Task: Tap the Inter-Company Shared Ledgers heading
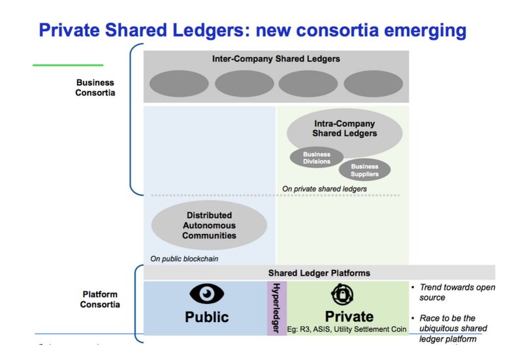(x=276, y=59)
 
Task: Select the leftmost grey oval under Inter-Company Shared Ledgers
(x=179, y=84)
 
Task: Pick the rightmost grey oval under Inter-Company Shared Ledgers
(x=373, y=84)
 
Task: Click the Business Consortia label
(x=95, y=88)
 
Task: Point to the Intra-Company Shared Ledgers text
(x=345, y=128)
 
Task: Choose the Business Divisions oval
(x=316, y=157)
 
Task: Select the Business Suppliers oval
(x=364, y=170)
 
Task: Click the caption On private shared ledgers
(x=324, y=189)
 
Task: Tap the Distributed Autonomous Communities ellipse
(x=209, y=225)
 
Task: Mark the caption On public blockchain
(x=184, y=259)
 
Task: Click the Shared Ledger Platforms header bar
(x=319, y=272)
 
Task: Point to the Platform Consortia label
(x=99, y=299)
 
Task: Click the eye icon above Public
(x=206, y=295)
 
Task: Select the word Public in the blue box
(x=206, y=318)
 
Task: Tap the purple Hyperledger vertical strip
(x=276, y=308)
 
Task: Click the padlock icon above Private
(x=342, y=295)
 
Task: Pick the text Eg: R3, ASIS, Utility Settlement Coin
(x=347, y=329)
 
